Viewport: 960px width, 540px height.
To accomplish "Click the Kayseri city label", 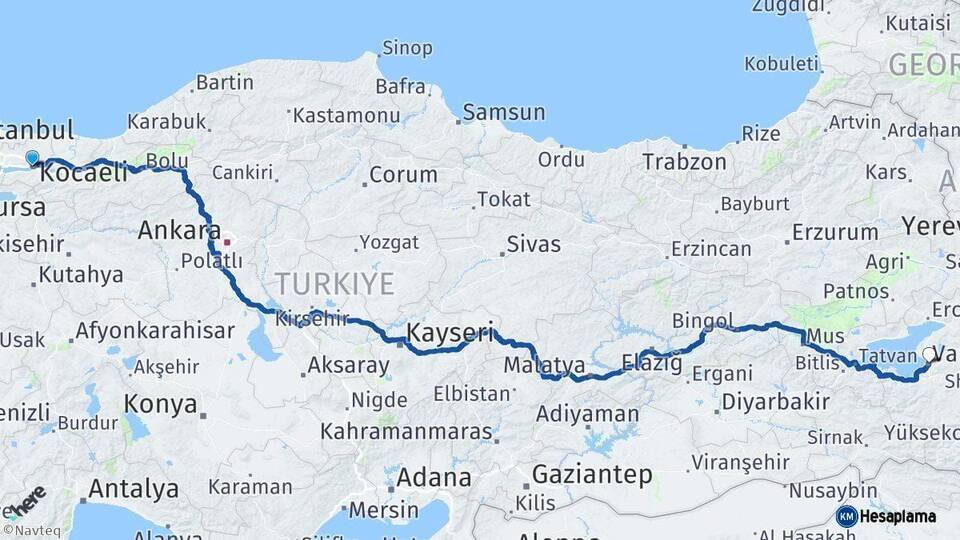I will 450,333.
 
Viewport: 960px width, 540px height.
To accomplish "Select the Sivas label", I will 533,244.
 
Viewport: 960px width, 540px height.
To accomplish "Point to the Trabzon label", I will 684,161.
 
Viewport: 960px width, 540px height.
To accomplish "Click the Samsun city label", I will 504,112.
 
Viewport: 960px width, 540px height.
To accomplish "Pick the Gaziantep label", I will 591,474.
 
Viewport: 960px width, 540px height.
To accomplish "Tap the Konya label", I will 160,404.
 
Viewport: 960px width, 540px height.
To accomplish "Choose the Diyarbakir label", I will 775,402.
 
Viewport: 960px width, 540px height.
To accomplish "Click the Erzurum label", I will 834,233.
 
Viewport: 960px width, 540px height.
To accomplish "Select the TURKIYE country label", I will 335,283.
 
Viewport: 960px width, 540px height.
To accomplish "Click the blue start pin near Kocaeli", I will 33,158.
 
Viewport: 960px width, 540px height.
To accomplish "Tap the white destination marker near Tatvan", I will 930,354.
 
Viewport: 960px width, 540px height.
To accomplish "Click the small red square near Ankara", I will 227,241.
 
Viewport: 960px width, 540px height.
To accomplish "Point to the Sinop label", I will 407,48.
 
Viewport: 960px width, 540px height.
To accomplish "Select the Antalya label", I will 133,489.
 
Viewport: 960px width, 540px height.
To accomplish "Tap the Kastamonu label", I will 346,115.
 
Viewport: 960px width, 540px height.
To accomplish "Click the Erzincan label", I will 711,248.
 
